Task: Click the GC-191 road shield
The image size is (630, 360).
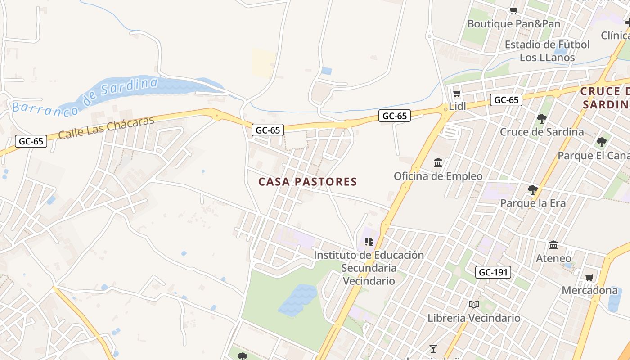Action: (493, 272)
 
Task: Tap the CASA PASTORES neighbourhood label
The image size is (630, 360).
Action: (308, 182)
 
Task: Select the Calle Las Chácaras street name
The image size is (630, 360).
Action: (106, 127)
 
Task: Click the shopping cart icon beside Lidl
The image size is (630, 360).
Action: (457, 94)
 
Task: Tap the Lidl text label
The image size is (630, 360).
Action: (458, 107)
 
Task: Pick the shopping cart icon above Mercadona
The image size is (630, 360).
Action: (589, 277)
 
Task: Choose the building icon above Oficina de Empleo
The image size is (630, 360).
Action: (438, 162)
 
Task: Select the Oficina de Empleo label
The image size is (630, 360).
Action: (438, 176)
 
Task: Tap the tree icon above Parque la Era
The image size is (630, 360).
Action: (533, 189)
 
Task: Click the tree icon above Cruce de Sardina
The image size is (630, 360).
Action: (542, 119)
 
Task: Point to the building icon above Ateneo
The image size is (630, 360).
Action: (553, 245)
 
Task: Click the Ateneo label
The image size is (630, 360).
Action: (553, 258)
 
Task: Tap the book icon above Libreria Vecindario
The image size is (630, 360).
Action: (474, 305)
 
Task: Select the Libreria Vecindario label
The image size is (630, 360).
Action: (474, 318)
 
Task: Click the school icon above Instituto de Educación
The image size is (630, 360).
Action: (369, 242)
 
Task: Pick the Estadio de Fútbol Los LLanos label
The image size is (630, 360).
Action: (547, 51)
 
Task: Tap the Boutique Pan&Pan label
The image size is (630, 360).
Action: (514, 23)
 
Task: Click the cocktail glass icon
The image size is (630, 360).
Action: (433, 348)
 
